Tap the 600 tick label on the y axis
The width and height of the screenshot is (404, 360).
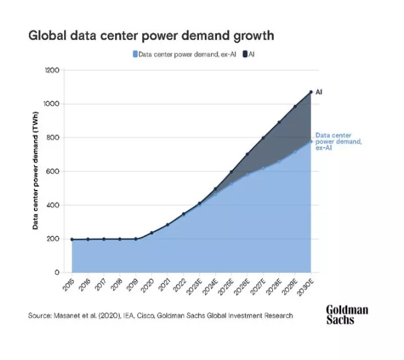(x=54, y=171)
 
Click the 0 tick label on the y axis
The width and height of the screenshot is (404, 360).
(x=58, y=272)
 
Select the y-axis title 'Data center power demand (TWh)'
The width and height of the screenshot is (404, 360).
(x=34, y=171)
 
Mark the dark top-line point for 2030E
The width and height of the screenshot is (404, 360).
(x=311, y=92)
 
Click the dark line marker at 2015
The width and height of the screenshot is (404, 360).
(x=72, y=239)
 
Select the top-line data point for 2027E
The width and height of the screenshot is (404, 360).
(x=263, y=138)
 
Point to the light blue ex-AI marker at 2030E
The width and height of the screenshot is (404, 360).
(x=311, y=141)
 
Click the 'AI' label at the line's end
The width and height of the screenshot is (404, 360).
(x=319, y=91)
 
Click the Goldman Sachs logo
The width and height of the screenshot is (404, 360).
(x=347, y=314)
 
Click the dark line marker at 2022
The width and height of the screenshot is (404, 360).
(x=184, y=214)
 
